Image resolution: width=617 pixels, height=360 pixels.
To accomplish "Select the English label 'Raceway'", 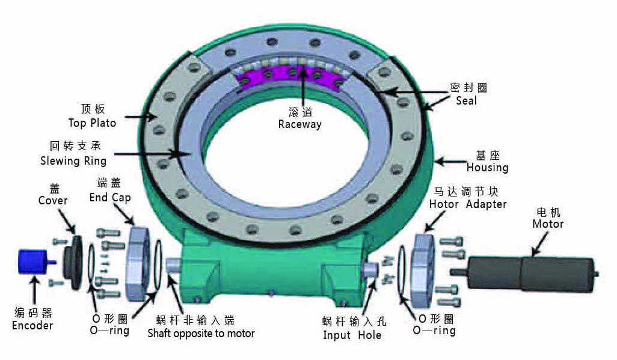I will [x=299, y=124].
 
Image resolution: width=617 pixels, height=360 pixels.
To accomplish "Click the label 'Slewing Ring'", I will [x=73, y=160].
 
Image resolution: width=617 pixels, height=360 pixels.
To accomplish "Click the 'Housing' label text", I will [x=487, y=168].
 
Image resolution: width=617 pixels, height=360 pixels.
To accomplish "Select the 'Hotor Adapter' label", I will [x=467, y=204].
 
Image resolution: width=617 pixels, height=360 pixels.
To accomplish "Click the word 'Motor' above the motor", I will [x=548, y=224].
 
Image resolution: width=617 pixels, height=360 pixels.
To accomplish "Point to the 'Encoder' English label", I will [x=32, y=325].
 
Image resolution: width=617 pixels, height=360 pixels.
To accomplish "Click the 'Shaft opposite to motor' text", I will [x=201, y=333].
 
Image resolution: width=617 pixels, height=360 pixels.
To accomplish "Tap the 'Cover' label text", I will [x=53, y=200].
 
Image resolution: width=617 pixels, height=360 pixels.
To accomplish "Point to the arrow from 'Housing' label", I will [x=448, y=162].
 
